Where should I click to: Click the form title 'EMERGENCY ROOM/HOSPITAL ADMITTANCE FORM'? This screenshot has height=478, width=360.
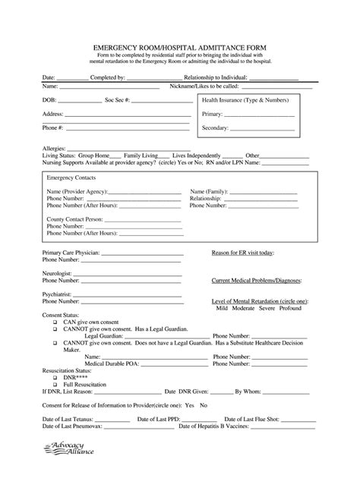179,47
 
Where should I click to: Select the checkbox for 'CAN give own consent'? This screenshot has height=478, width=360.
55,320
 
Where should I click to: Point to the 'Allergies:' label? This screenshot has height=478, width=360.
55,149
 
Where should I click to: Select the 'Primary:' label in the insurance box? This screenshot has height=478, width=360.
213,114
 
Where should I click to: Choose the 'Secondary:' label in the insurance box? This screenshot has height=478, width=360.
216,128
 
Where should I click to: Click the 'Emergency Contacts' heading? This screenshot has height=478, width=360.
73,176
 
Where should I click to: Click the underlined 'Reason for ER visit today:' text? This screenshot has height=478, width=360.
243,253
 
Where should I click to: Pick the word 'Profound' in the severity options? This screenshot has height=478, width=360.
295,309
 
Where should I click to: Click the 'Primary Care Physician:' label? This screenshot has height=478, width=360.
71,253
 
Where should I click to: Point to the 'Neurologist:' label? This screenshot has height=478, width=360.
58,272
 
